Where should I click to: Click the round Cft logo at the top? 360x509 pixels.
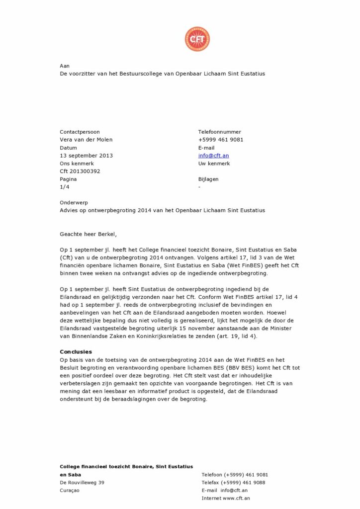pyautogui.click(x=197, y=39)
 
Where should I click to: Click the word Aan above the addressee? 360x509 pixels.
pyautogui.click(x=65, y=66)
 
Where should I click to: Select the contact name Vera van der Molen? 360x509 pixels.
pyautogui.click(x=86, y=140)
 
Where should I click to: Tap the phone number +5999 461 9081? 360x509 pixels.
pyautogui.click(x=221, y=140)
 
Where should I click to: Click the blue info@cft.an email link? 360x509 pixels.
pyautogui.click(x=213, y=156)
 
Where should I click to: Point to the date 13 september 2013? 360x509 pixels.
pyautogui.click(x=86, y=156)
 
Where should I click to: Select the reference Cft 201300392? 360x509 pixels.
pyautogui.click(x=80, y=171)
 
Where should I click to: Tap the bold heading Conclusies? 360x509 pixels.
pyautogui.click(x=76, y=352)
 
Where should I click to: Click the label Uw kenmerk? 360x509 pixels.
pyautogui.click(x=214, y=164)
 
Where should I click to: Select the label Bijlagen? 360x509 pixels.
pyautogui.click(x=208, y=179)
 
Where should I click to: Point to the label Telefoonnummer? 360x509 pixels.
pyautogui.click(x=220, y=132)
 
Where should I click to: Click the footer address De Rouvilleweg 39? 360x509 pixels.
pyautogui.click(x=82, y=483)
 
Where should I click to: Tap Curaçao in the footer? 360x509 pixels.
pyautogui.click(x=70, y=491)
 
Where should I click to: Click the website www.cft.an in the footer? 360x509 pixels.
pyautogui.click(x=236, y=498)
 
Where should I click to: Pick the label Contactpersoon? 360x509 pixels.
pyautogui.click(x=80, y=132)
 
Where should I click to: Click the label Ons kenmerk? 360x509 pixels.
pyautogui.click(x=77, y=164)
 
